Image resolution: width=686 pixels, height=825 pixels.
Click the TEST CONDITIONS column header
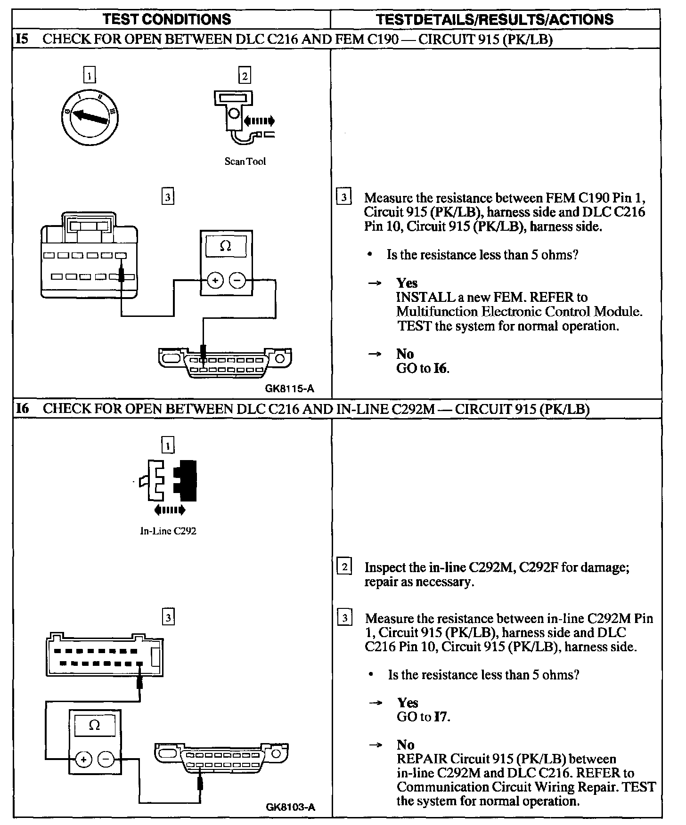[x=167, y=19]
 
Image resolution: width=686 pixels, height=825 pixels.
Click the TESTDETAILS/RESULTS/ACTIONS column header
[x=495, y=19]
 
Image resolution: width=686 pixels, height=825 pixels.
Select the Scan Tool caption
[x=245, y=162]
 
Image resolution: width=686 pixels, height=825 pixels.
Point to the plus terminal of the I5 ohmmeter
[x=215, y=281]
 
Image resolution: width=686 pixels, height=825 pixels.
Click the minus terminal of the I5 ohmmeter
[x=237, y=281]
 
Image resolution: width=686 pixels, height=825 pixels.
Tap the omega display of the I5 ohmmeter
[x=226, y=246]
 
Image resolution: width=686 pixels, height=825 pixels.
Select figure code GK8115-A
[x=289, y=389]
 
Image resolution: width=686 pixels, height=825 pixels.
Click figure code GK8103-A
[x=290, y=807]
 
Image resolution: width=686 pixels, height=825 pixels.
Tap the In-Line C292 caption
[x=168, y=531]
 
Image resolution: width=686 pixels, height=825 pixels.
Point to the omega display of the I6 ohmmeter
[x=95, y=726]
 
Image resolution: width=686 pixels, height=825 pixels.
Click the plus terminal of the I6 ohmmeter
[x=83, y=760]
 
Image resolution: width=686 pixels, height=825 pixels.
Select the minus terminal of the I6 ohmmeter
[x=106, y=760]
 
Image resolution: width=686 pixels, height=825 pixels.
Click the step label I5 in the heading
[x=22, y=39]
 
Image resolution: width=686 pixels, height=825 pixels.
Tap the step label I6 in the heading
[x=22, y=408]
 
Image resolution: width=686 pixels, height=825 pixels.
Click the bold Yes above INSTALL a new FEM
[x=407, y=283]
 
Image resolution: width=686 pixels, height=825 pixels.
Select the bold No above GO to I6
[x=405, y=354]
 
